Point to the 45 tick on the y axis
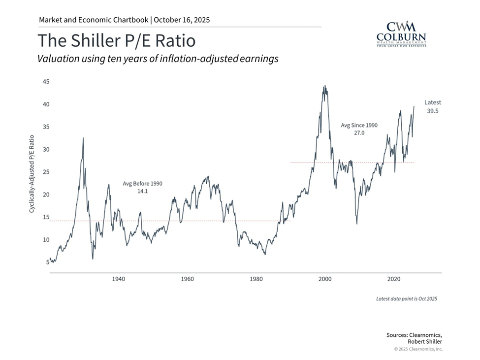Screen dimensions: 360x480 pyautogui.click(x=45, y=82)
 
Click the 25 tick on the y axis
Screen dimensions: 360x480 pyautogui.click(x=45, y=172)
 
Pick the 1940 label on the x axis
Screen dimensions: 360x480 pyautogui.click(x=118, y=279)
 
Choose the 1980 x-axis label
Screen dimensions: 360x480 pyautogui.click(x=256, y=279)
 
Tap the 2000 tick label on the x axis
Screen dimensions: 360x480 pyautogui.click(x=325, y=279)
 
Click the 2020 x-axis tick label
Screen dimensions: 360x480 pyautogui.click(x=394, y=279)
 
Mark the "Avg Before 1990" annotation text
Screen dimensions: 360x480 pyautogui.click(x=142, y=183)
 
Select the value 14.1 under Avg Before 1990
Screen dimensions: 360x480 pyautogui.click(x=143, y=191)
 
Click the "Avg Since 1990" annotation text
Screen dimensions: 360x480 pyautogui.click(x=359, y=125)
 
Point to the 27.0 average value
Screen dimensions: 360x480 pyautogui.click(x=359, y=133)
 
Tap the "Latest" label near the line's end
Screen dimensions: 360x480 pyautogui.click(x=433, y=102)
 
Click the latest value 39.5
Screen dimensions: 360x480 pyautogui.click(x=433, y=111)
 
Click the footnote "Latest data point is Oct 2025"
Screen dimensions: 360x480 pyautogui.click(x=406, y=299)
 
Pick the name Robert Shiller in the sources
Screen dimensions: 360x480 pyautogui.click(x=425, y=341)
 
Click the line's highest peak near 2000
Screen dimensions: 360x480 pyautogui.click(x=324, y=86)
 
